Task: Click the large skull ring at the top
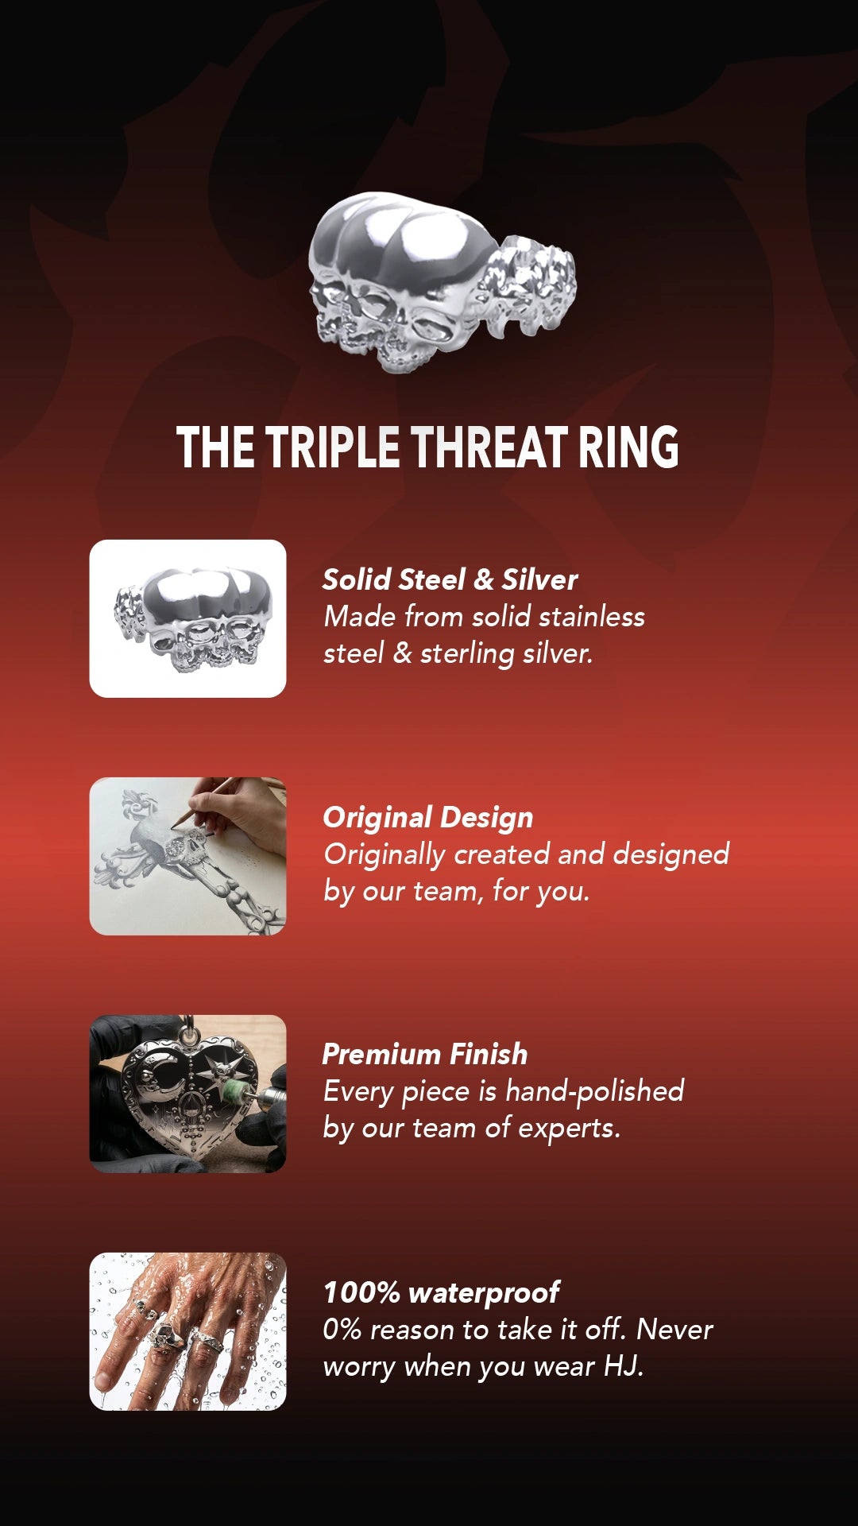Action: coord(442,282)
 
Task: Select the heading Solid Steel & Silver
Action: coord(450,579)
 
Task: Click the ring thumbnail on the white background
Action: coord(187,618)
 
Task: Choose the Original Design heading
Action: coord(427,817)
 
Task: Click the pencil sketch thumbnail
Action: coord(187,856)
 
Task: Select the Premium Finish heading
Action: coord(425,1054)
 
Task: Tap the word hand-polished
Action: coord(594,1091)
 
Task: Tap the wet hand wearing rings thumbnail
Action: coord(187,1331)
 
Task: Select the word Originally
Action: coord(385,855)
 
